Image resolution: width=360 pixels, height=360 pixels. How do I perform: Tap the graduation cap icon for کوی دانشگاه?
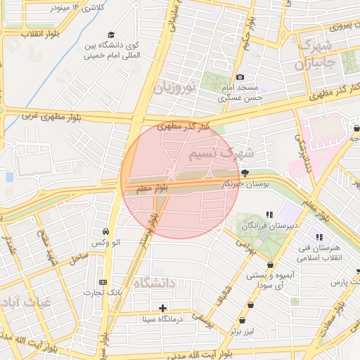tap(111, 35)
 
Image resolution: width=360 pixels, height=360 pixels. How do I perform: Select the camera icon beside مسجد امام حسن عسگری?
tap(240, 77)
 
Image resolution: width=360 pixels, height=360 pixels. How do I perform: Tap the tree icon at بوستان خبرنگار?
tap(245, 172)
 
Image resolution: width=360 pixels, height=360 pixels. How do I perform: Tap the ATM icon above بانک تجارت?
tap(104, 281)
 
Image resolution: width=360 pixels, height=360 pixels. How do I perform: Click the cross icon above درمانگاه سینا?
tap(163, 308)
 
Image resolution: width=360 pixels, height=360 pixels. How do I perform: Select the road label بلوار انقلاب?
tap(23, 34)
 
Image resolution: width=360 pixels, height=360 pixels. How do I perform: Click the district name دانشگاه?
tap(151, 283)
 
